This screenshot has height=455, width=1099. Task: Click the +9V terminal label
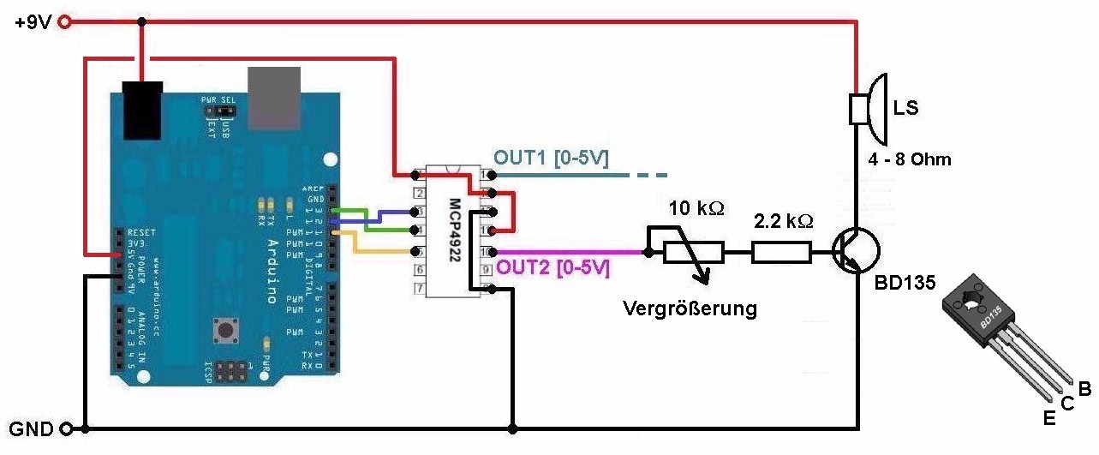pyautogui.click(x=32, y=23)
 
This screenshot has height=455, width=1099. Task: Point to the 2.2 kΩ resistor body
pyautogui.click(x=780, y=252)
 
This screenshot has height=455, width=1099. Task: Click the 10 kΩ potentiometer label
pyautogui.click(x=696, y=209)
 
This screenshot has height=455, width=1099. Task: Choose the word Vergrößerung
pyautogui.click(x=690, y=308)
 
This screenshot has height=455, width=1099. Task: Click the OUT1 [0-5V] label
pyautogui.click(x=551, y=159)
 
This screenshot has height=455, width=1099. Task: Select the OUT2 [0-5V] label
pyautogui.click(x=553, y=267)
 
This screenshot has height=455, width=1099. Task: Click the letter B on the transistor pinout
pyautogui.click(x=1084, y=390)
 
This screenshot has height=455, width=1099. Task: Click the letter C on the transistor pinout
pyautogui.click(x=1067, y=404)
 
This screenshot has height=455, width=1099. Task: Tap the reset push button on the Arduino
pyautogui.click(x=227, y=329)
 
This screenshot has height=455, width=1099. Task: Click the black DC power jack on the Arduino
pyautogui.click(x=142, y=109)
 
